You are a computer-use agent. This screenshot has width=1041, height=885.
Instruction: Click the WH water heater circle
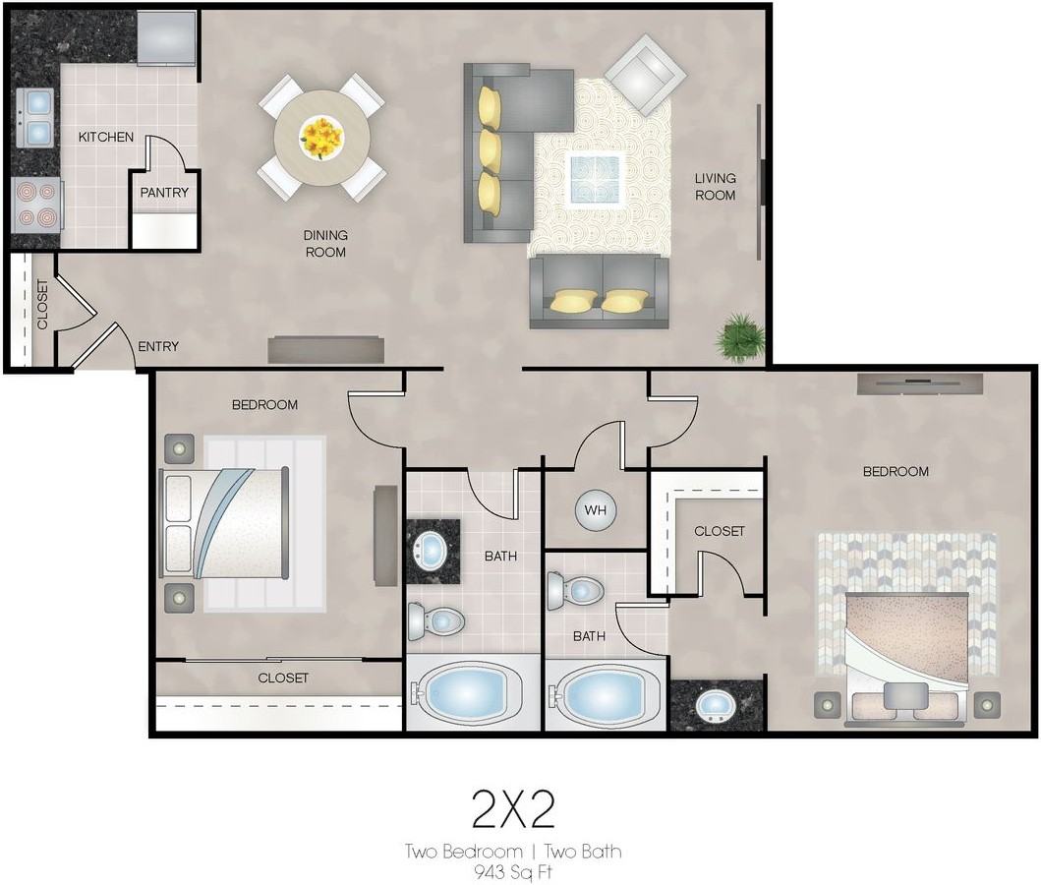[596, 510]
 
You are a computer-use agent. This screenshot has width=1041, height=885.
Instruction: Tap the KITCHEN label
[106, 137]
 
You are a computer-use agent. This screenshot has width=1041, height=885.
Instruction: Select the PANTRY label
[164, 193]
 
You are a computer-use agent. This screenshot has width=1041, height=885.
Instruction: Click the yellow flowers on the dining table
[321, 138]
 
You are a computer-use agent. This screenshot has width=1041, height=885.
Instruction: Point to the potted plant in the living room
[739, 338]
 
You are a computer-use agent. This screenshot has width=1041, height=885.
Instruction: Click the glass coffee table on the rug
[596, 178]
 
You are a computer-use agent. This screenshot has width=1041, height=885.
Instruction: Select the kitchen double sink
[35, 118]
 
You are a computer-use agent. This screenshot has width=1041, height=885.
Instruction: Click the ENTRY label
[158, 346]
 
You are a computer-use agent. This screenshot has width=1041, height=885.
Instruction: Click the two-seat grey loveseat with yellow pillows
[599, 292]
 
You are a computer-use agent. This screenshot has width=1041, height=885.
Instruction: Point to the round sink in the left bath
[433, 551]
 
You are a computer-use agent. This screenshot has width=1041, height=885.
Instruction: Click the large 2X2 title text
[513, 809]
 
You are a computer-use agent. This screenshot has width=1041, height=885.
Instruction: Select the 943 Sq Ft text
[513, 871]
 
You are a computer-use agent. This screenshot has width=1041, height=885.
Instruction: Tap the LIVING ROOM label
[715, 187]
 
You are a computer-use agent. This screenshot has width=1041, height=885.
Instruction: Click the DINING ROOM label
[325, 244]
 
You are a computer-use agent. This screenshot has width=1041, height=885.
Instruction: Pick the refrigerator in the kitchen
[167, 37]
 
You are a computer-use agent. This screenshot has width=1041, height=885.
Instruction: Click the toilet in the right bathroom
[575, 591]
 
